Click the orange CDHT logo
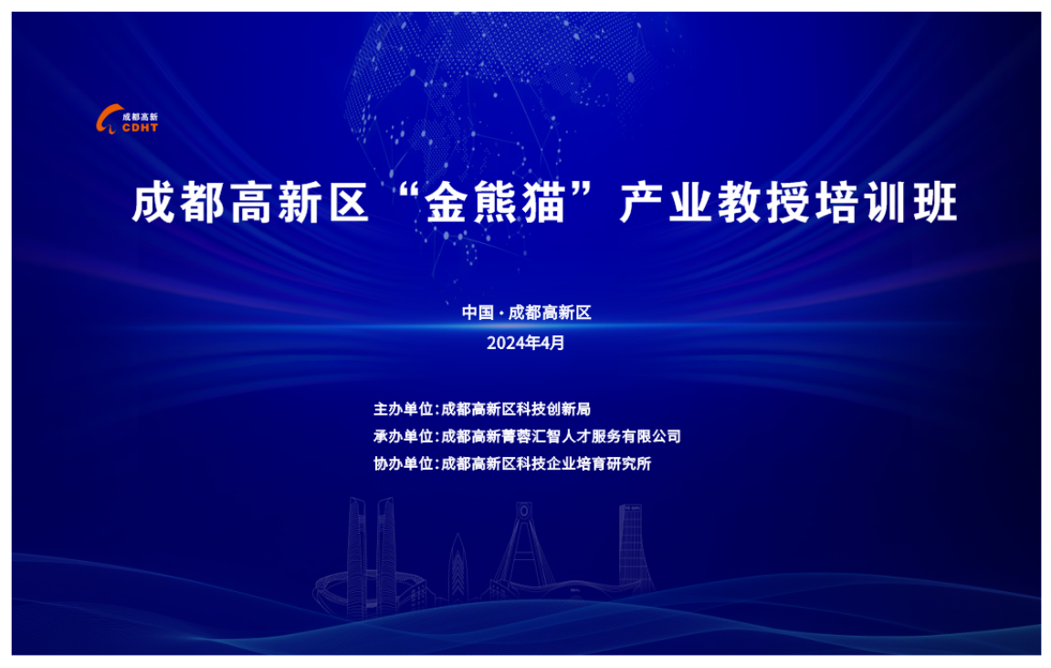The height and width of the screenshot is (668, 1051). tap(127, 120)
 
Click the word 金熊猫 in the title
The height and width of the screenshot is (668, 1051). tap(496, 203)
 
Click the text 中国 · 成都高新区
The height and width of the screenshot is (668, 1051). tap(526, 313)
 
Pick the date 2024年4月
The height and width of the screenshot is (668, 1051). tap(526, 343)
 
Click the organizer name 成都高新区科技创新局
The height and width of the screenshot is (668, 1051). tap(516, 409)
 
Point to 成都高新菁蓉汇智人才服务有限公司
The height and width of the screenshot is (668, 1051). tap(561, 437)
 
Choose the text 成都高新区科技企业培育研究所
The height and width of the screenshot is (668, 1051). tap(546, 464)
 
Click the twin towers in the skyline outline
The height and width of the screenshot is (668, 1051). tap(372, 557)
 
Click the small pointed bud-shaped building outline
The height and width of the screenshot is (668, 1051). tap(457, 565)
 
